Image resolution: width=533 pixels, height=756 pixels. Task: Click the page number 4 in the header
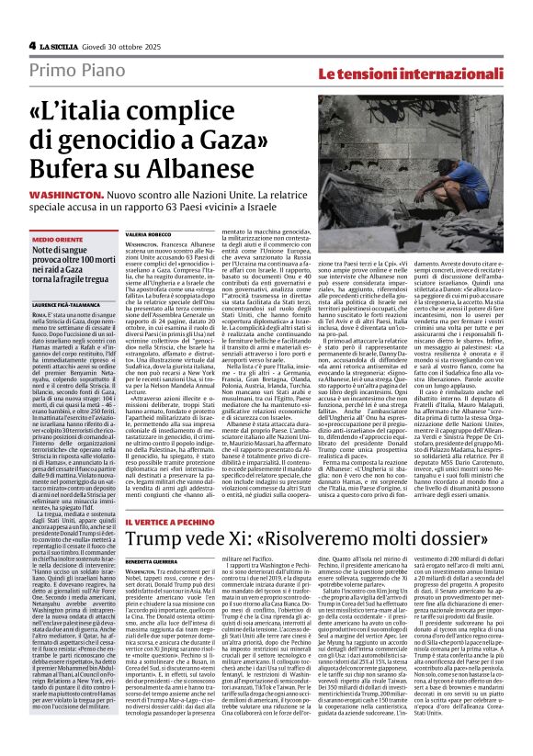click(31, 44)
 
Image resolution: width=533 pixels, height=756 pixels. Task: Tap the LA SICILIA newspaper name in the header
click(64, 45)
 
